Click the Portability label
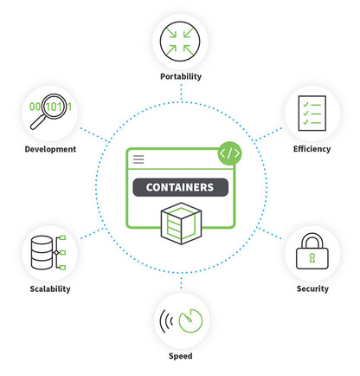click(x=180, y=76)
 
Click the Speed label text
click(x=180, y=355)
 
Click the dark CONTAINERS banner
click(x=180, y=187)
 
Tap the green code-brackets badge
click(x=228, y=153)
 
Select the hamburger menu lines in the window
click(x=138, y=159)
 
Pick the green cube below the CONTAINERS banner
click(x=180, y=224)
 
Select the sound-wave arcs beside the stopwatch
click(x=165, y=321)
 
